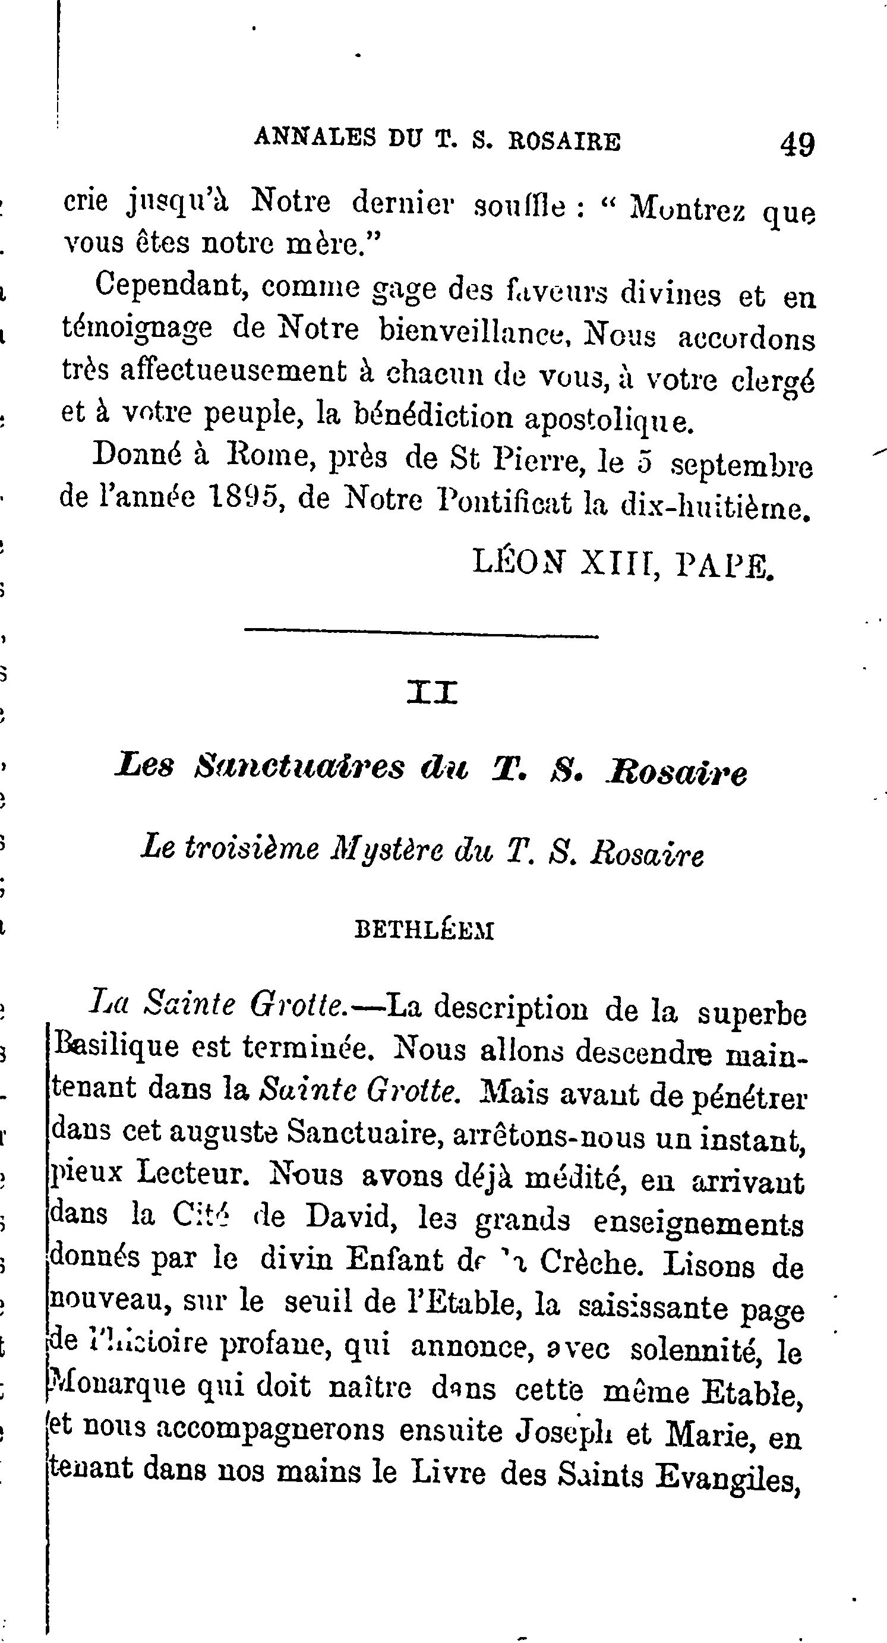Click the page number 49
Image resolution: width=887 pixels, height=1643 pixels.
point(797,144)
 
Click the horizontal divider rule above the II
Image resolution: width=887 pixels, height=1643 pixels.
point(421,633)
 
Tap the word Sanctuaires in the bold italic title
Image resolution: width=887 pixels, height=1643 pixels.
point(299,767)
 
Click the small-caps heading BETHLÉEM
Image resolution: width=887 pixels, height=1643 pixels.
point(424,931)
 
